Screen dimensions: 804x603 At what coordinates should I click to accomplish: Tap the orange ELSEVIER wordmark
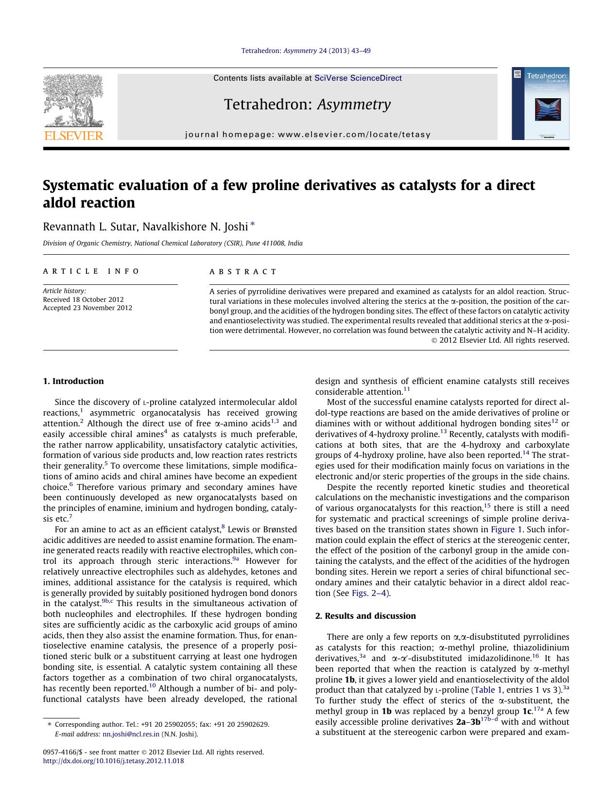pos(73,136)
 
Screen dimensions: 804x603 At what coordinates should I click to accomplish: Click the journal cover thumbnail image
pos(540,104)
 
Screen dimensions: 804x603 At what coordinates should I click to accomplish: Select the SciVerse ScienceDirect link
pos(358,78)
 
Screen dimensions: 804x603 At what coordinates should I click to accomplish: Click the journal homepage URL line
pos(308,135)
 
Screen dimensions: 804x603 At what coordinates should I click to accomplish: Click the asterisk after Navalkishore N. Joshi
pos(253,225)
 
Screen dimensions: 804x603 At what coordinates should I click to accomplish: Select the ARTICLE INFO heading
pos(91,271)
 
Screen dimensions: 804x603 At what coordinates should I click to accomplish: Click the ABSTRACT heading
pos(243,272)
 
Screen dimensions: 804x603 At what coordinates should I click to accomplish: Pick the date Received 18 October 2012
pos(83,299)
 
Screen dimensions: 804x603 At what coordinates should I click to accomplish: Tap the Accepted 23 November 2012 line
pos(87,308)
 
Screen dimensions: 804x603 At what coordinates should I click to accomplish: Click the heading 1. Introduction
pos(73,381)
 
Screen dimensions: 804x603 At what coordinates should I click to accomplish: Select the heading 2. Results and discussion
pos(365,616)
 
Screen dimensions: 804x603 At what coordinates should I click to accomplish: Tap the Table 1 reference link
pos(488,690)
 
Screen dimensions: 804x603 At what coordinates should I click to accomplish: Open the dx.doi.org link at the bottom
pos(113,761)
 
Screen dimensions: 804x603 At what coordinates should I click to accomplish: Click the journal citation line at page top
pos(306,51)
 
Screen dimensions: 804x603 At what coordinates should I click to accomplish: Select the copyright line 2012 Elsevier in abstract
pos(500,340)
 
